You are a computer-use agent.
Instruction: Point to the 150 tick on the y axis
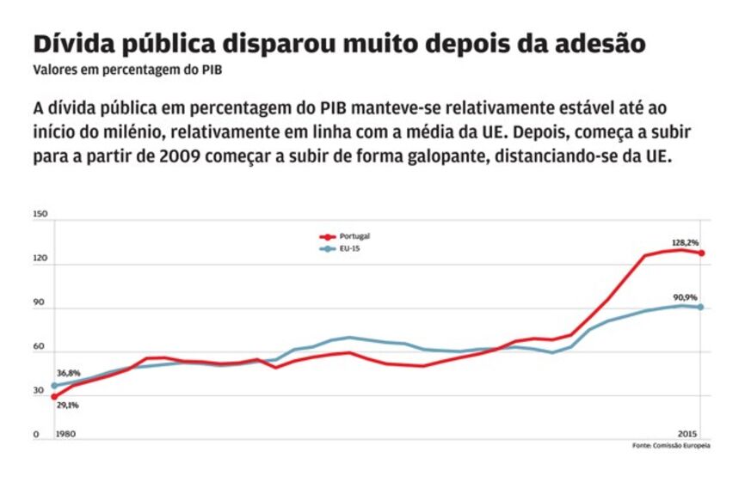40,215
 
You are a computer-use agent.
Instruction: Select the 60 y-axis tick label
39,347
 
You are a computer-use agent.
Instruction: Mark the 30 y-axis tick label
39,391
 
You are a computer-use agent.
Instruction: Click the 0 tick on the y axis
36,435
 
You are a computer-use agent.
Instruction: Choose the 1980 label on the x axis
65,435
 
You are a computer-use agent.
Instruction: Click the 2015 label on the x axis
687,431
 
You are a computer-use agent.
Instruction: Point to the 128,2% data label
687,243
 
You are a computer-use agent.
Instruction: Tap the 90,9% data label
687,297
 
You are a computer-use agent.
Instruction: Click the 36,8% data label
68,373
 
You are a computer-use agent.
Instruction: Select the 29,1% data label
68,405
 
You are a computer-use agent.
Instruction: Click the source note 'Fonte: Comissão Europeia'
671,446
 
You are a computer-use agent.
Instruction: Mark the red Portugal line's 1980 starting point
53,397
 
